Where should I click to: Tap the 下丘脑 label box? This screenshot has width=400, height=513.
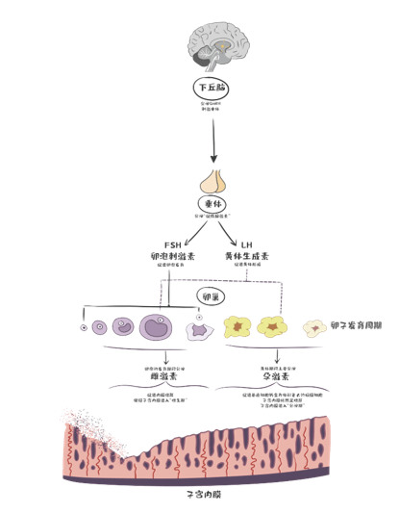(x=212, y=86)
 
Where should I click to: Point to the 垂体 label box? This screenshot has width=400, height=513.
(x=212, y=205)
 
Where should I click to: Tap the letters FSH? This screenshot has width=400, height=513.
(x=174, y=245)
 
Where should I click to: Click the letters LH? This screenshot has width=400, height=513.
(x=246, y=245)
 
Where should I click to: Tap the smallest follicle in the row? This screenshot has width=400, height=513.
(x=84, y=327)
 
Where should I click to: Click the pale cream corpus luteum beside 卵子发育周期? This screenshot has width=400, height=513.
(x=313, y=327)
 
